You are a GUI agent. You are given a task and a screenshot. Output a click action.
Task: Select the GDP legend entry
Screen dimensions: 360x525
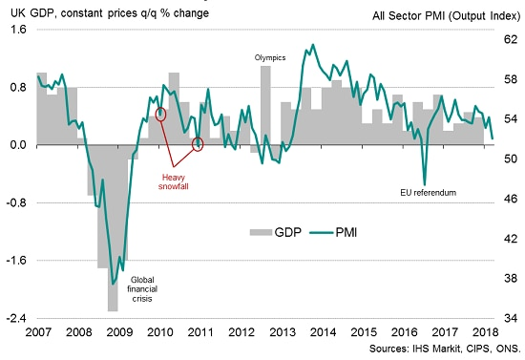click(278, 231)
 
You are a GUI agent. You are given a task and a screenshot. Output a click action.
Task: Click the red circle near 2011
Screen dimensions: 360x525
click(199, 144)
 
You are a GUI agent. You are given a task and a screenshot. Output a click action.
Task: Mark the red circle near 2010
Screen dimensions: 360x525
click(161, 114)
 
